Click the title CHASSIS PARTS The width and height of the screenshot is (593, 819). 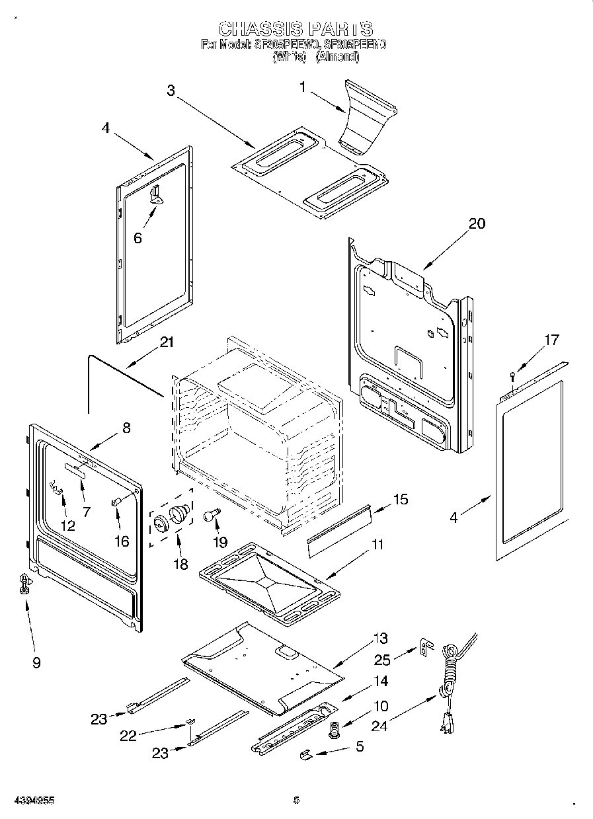[296, 29]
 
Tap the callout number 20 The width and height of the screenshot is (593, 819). [476, 223]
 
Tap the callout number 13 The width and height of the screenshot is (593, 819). [380, 639]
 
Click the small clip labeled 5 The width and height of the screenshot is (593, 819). [305, 753]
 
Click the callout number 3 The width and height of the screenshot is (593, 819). [171, 91]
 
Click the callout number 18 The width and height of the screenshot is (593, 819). [179, 564]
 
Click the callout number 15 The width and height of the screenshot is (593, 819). [401, 499]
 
